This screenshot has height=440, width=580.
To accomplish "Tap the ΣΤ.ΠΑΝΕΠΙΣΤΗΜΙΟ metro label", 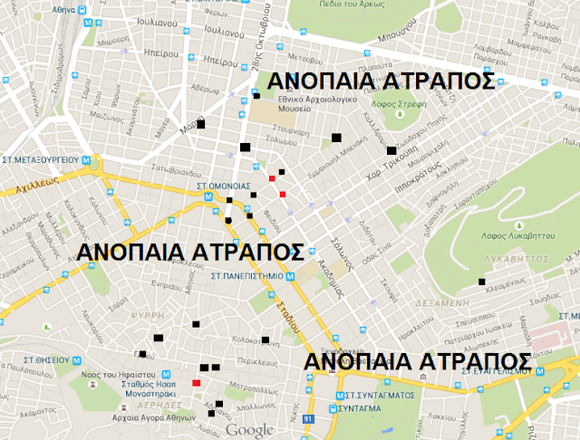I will [x=247, y=275].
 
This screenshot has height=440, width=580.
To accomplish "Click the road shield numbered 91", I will [x=308, y=418].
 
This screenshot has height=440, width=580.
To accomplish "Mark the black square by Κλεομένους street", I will [x=481, y=283].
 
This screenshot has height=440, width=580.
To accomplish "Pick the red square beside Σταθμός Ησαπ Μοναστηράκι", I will [x=196, y=383].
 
